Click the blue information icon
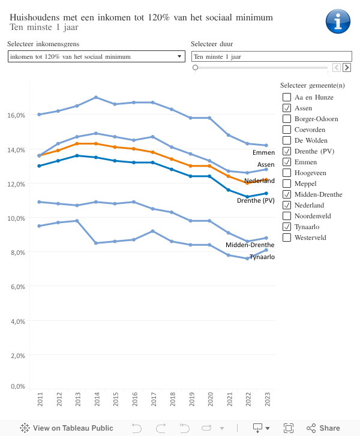(x=338, y=21)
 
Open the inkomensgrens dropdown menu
(x=97, y=56)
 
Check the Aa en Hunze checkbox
(x=287, y=97)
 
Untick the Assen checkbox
(x=287, y=108)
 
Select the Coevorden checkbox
(x=287, y=130)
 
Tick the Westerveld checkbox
(x=287, y=237)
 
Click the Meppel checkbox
(x=287, y=184)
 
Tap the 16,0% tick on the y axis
(x=17, y=115)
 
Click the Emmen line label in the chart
(x=263, y=153)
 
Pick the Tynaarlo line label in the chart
(x=262, y=257)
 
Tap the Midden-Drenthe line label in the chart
(x=250, y=245)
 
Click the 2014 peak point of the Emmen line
(x=96, y=97)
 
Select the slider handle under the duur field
(x=195, y=68)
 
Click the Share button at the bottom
(x=323, y=428)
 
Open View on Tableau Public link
(x=66, y=428)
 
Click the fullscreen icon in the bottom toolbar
(x=289, y=428)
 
